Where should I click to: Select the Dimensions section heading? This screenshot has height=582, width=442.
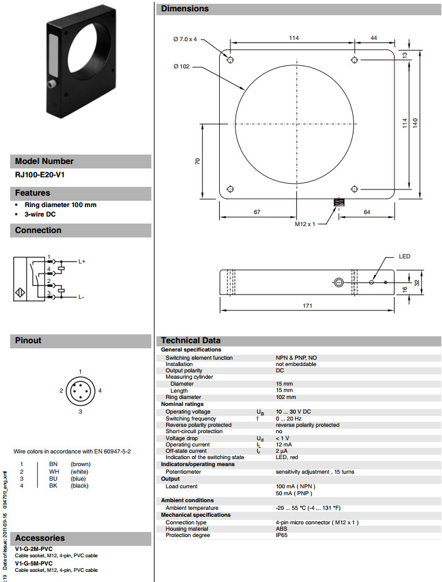click(184, 9)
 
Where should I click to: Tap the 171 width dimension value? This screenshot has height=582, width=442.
click(307, 306)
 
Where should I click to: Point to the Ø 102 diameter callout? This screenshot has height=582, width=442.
click(180, 66)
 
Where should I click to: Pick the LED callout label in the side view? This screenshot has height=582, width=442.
click(404, 256)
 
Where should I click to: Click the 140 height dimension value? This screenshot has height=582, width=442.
click(415, 123)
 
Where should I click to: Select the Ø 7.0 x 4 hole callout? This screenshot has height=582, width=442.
click(185, 39)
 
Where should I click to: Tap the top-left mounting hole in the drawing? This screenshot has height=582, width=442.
click(230, 60)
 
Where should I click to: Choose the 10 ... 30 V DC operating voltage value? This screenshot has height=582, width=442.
click(294, 412)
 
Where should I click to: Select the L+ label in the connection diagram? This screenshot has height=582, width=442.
click(82, 261)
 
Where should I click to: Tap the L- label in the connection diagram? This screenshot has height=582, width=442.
click(81, 296)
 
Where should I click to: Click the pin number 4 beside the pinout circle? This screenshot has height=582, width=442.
click(100, 391)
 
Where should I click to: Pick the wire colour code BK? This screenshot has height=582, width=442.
click(53, 485)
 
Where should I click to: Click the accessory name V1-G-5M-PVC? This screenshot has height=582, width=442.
click(34, 563)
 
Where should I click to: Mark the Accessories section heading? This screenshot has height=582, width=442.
click(40, 538)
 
